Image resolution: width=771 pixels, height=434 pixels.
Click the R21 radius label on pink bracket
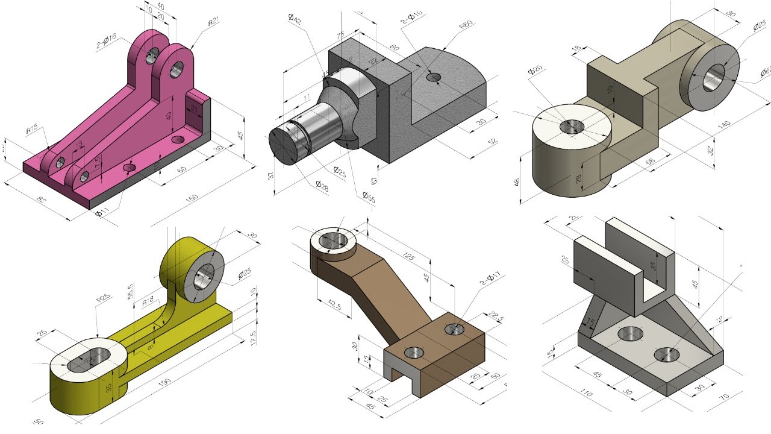click(x=213, y=23)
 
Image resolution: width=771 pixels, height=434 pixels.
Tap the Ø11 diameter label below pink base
click(x=103, y=212)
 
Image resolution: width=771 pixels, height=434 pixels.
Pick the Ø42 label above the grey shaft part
click(x=295, y=19)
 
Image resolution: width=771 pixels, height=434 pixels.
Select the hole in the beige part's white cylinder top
click(x=572, y=127)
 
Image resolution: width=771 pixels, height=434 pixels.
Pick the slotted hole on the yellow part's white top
click(x=87, y=360)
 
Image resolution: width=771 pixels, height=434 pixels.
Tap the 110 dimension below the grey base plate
click(x=585, y=394)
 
